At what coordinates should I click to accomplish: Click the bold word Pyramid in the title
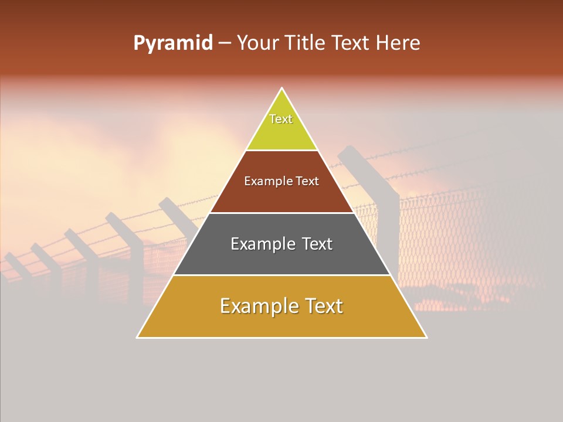173,43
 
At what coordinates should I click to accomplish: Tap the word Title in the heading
307,43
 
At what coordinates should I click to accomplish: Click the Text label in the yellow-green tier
281,119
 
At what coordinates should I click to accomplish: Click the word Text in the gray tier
317,244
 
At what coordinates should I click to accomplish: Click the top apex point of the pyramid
282,89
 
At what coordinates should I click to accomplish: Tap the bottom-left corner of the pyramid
138,337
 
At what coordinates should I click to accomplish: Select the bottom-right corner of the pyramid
426,337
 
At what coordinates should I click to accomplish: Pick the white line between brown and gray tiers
282,213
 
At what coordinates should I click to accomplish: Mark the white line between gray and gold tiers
282,275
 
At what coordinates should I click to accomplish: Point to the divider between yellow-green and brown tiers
282,150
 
